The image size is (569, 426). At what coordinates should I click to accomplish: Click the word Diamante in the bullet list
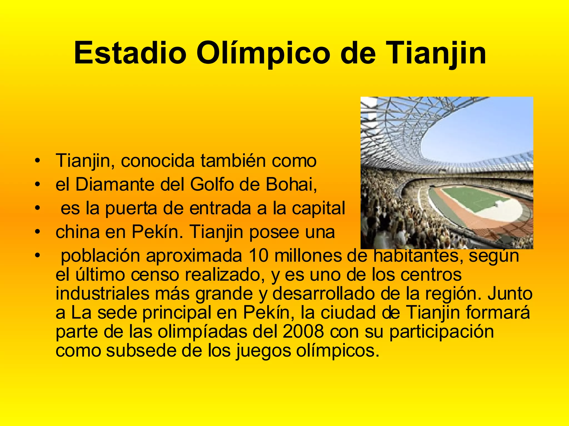[x=114, y=184]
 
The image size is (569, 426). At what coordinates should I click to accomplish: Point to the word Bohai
[x=291, y=184]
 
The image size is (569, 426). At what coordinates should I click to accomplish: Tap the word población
[x=100, y=256]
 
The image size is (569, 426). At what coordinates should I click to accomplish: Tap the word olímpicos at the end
[x=338, y=351]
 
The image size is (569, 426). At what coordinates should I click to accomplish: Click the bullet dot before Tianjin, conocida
[x=38, y=161]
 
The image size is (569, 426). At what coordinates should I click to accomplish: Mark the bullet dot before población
[x=38, y=256]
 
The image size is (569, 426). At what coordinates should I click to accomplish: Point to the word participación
[x=441, y=332]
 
